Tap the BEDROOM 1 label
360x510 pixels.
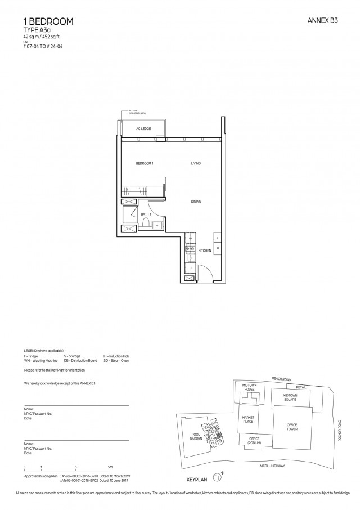[x=145, y=163]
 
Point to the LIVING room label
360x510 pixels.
[x=196, y=163]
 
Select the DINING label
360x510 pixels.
[x=196, y=201]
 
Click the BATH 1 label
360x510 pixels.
[x=146, y=214]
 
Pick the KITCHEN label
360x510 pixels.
[x=204, y=250]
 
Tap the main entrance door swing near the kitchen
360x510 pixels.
[x=206, y=273]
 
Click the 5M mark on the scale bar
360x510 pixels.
[x=110, y=468]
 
